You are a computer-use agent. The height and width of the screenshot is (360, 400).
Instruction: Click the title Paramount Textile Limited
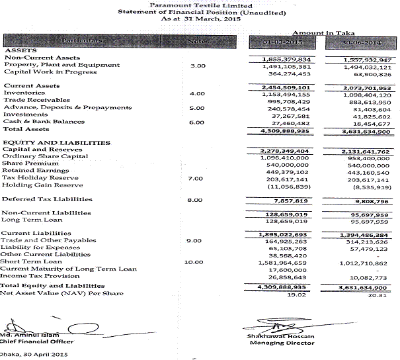click(x=200, y=5)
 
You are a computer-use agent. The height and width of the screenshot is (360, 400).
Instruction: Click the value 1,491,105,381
click(x=287, y=66)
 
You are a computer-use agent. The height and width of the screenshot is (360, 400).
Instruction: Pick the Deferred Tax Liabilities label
click(x=47, y=199)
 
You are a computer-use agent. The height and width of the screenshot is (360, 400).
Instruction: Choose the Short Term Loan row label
click(x=31, y=261)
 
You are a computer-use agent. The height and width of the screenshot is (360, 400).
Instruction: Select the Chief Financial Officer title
click(x=36, y=341)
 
